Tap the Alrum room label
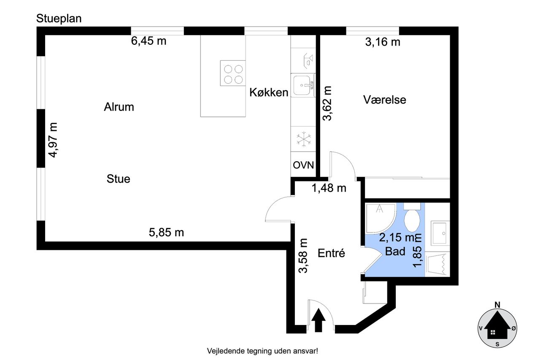(119, 107)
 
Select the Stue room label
(119, 179)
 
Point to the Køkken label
(269, 92)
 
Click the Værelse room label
(384, 100)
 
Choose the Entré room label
(331, 253)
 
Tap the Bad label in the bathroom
(395, 252)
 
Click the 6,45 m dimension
(148, 41)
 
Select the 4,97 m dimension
(53, 140)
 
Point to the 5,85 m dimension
(166, 233)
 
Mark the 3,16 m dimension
(383, 42)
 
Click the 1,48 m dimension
(329, 188)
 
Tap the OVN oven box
(303, 165)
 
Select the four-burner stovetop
(233, 73)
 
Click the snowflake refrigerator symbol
(304, 139)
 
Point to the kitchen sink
(303, 85)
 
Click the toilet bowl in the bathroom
(412, 220)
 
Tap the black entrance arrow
(319, 320)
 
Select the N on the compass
(497, 305)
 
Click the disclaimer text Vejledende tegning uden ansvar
(262, 351)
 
